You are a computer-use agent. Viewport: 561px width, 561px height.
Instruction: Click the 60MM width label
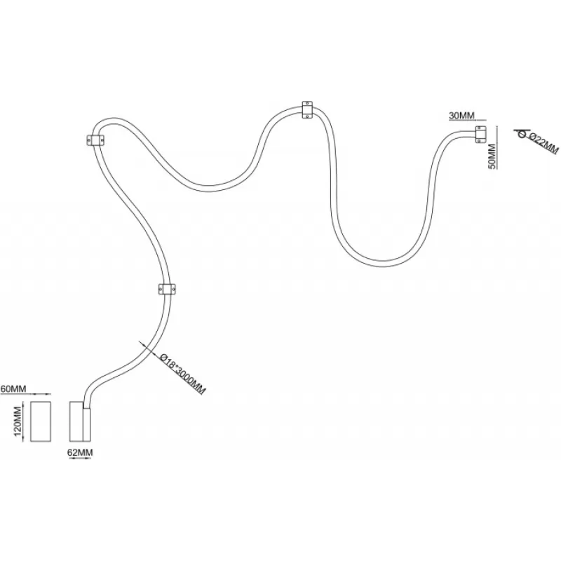13,388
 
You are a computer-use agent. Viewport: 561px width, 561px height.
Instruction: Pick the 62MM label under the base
80,452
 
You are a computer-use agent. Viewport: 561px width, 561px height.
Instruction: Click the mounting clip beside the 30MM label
480,135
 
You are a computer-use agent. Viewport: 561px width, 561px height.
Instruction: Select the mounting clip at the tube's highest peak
308,110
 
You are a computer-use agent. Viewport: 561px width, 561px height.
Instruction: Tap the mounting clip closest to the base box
166,289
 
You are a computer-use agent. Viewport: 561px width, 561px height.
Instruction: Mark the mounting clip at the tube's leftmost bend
95,140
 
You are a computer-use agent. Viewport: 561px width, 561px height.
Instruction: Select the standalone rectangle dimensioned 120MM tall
40,421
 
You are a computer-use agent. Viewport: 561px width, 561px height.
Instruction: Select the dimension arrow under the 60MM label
40,396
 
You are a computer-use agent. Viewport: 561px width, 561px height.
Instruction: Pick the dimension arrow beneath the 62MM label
80,446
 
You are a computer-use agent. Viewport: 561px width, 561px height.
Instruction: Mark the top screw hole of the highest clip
308,104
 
